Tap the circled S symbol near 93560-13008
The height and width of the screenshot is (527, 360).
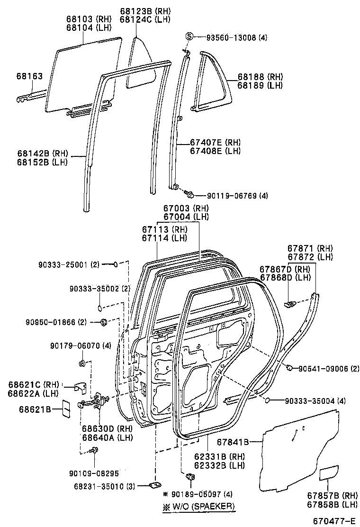click(x=189, y=37)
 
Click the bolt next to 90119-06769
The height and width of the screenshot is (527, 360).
click(x=190, y=194)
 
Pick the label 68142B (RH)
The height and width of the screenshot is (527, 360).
click(x=43, y=154)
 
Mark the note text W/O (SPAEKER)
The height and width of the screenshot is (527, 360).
click(x=199, y=506)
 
